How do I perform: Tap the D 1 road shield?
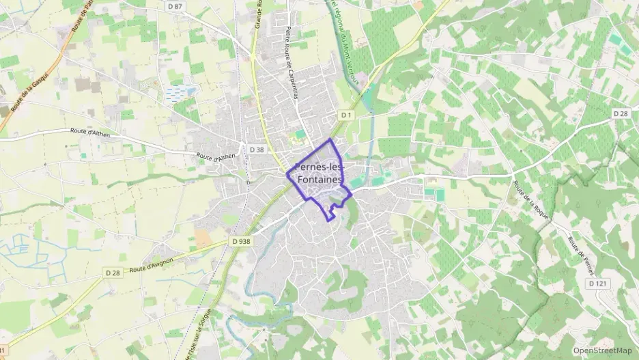(x=345, y=115)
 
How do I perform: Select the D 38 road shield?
(x=257, y=149)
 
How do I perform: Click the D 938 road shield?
(x=241, y=241)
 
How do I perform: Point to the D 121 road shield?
(x=597, y=283)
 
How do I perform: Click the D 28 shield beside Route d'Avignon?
(x=113, y=273)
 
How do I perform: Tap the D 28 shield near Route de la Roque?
(x=620, y=113)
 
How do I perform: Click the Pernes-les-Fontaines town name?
(x=319, y=174)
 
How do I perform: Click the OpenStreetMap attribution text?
(x=602, y=350)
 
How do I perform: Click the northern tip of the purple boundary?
(x=331, y=139)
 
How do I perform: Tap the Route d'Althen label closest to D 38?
(x=216, y=157)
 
